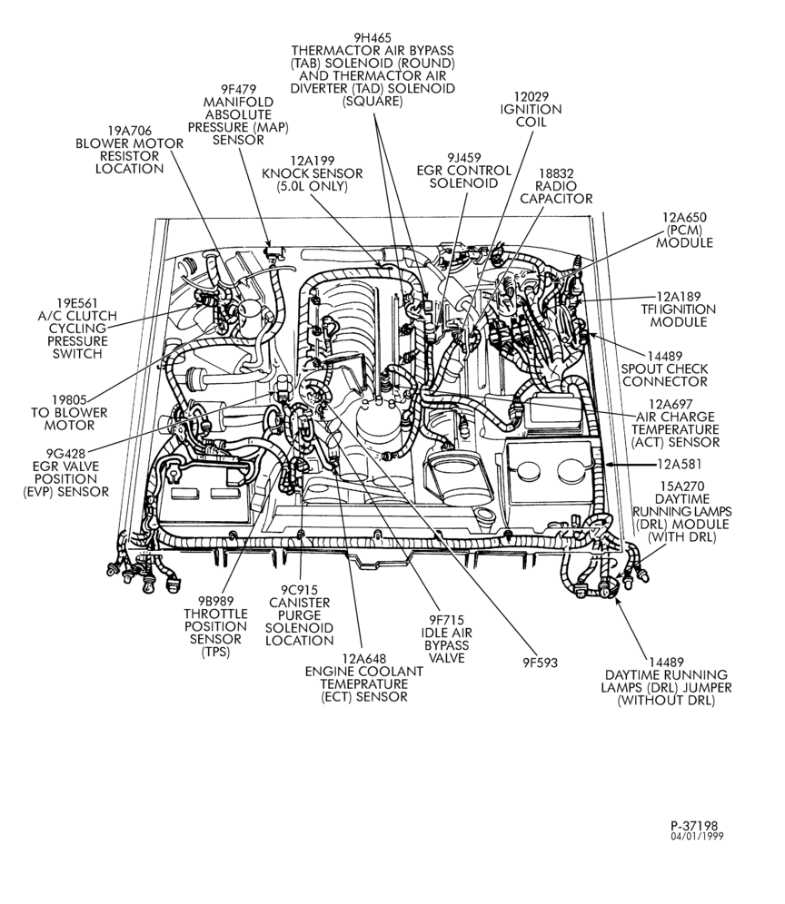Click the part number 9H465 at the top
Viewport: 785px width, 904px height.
coord(373,38)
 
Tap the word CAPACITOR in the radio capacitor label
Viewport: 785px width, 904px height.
coord(556,199)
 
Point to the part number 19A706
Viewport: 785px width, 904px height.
coord(129,131)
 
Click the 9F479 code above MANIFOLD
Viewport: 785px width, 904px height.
coord(238,89)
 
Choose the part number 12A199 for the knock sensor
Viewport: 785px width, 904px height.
coord(313,161)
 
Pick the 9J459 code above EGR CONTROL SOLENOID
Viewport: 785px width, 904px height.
coord(464,157)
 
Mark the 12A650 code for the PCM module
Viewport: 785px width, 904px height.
coord(684,217)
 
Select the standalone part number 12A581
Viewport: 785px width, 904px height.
coord(680,464)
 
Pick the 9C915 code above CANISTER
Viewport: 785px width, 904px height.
coord(300,590)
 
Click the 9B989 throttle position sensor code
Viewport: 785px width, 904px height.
coord(215,601)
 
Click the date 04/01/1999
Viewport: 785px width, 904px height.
coord(697,837)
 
